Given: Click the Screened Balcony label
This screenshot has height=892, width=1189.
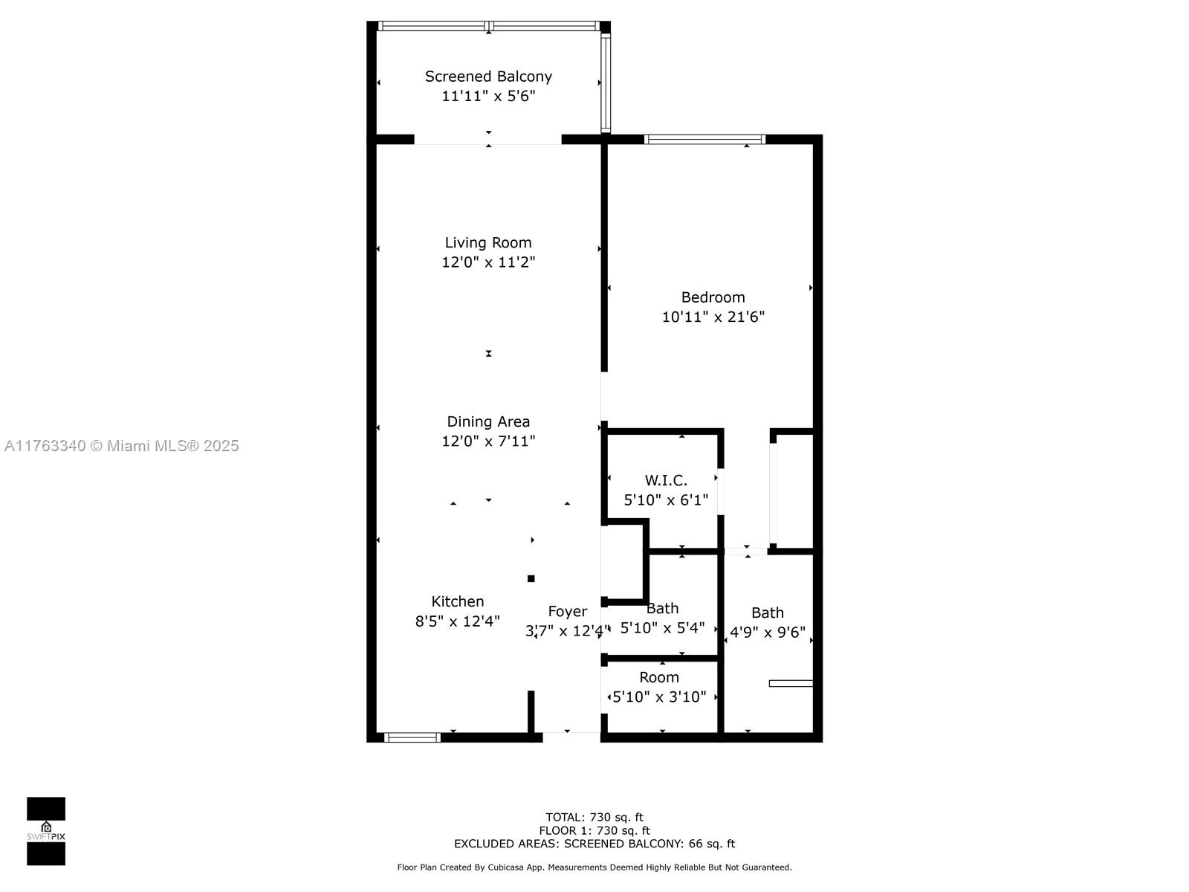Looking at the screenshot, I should [488, 76].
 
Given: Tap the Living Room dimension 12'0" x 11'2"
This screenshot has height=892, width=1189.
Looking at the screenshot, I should [488, 262].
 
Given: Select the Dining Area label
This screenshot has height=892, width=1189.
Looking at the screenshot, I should [488, 421].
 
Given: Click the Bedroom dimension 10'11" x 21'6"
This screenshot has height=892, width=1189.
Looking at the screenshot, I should [713, 317].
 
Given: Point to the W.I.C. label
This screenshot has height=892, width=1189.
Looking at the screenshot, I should [666, 480].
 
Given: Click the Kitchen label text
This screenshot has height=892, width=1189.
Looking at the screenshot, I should [458, 601].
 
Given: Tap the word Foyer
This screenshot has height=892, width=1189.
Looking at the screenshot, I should [568, 611].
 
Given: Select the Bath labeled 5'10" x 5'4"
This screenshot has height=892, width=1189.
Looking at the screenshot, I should [662, 609].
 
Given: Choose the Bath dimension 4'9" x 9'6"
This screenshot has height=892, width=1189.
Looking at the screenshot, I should [768, 632].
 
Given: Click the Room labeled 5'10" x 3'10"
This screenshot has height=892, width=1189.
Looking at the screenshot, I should [659, 677].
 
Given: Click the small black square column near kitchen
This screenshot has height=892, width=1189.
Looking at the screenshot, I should [531, 578].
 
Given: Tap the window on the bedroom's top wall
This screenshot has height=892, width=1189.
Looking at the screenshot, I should [704, 139].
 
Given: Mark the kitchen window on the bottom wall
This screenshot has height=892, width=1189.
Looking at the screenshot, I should [412, 737].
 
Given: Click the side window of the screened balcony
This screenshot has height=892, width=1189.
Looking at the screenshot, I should [606, 83].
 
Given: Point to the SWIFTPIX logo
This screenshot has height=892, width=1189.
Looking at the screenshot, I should [46, 831].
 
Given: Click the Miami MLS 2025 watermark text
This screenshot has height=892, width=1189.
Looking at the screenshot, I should [122, 445].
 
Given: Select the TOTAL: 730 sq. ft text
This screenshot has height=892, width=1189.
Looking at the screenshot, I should [594, 817].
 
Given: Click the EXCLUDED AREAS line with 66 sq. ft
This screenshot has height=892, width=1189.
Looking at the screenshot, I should [594, 844].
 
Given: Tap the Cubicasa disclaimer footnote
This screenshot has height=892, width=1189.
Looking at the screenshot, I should [594, 867].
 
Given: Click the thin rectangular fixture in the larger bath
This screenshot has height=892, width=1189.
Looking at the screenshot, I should [791, 683].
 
